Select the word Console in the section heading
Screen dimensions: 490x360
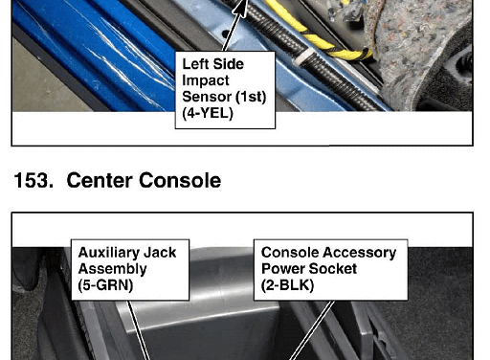click(x=180, y=180)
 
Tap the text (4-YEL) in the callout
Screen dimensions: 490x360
click(x=208, y=113)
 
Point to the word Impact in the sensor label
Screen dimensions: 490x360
click(x=206, y=80)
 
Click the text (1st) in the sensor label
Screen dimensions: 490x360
click(x=250, y=97)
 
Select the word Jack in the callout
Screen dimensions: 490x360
click(x=160, y=253)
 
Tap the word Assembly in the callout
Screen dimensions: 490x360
click(x=113, y=269)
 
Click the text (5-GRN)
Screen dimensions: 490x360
click(x=105, y=285)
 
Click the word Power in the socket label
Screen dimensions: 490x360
click(x=279, y=269)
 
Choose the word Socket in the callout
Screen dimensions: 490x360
click(x=329, y=269)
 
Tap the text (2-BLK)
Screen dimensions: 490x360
click(x=288, y=285)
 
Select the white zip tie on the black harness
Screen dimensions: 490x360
click(x=301, y=56)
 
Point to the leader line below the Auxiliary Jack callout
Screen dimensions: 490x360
click(x=139, y=330)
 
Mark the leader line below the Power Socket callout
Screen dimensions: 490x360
click(x=313, y=330)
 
